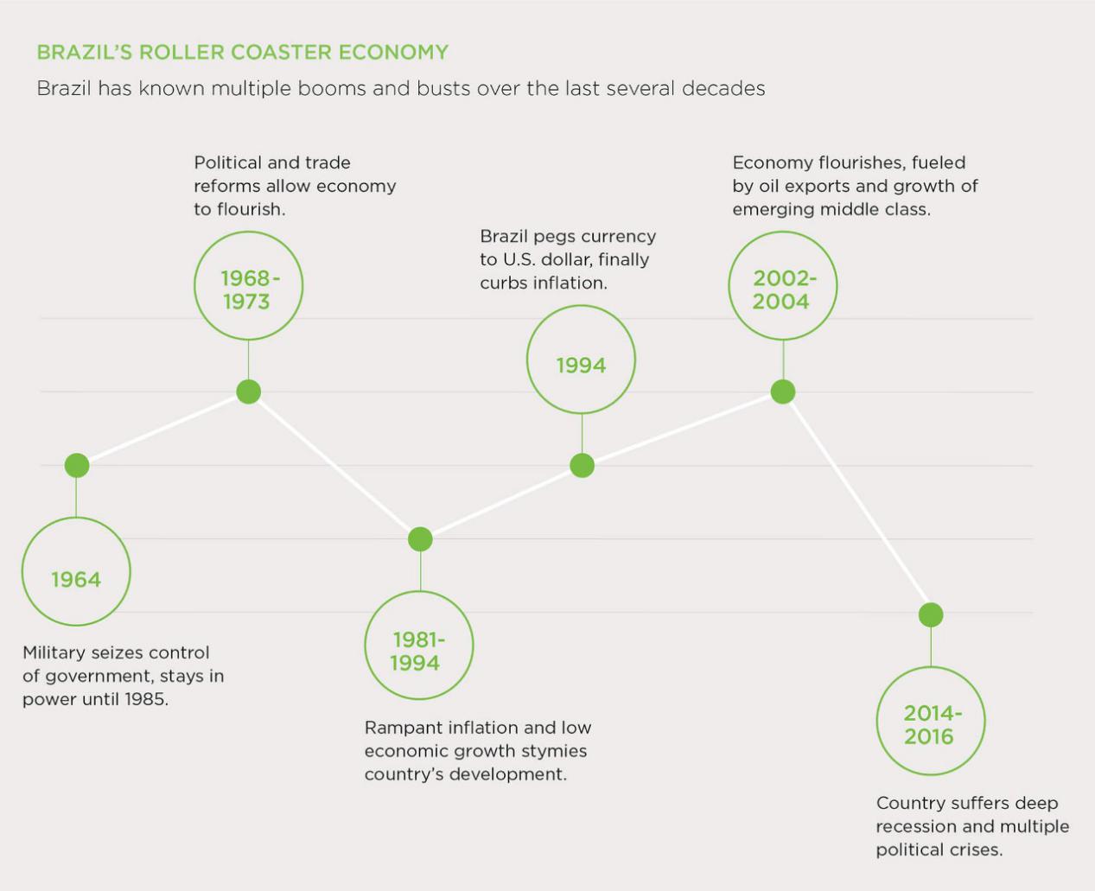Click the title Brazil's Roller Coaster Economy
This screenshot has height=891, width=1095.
[x=243, y=53]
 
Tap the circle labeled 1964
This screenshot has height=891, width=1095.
[x=76, y=519]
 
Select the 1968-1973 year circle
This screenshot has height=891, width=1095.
[x=248, y=232]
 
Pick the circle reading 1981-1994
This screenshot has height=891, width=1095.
[x=419, y=592]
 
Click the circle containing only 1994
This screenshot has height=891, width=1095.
[x=581, y=306]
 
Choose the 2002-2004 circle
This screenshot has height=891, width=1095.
[x=782, y=232]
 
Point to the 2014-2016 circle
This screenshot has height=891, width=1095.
[x=931, y=667]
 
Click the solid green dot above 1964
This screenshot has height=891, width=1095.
[x=77, y=466]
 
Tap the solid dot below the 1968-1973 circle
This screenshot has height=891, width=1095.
[x=248, y=392]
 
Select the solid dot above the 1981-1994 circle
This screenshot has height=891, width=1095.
[x=420, y=539]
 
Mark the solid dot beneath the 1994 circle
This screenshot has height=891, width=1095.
[x=582, y=466]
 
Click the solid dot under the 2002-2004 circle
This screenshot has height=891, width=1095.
[x=783, y=392]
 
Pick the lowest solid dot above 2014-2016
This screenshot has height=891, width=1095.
[x=931, y=615]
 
